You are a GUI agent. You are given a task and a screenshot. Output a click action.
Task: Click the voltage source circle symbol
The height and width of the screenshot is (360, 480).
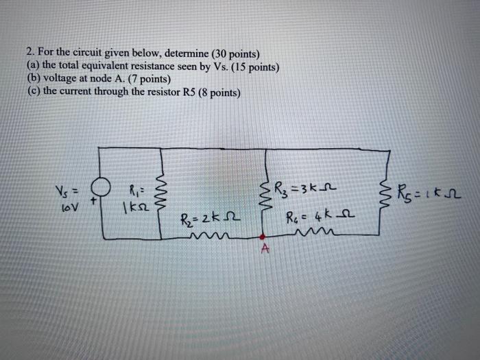click(104, 187)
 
